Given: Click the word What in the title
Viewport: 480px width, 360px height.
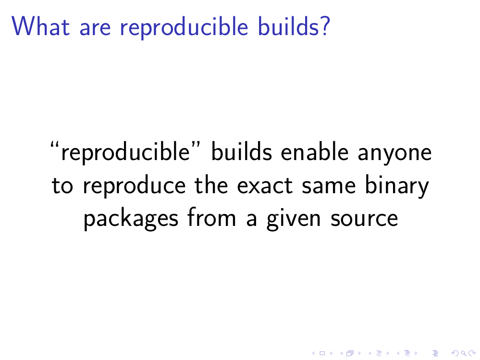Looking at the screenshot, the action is tap(41, 26).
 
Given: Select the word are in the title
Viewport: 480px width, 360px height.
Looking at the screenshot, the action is tap(95, 28).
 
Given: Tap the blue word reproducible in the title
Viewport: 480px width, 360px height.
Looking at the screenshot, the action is tap(184, 28).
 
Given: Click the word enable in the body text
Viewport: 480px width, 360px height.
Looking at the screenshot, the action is tap(315, 152).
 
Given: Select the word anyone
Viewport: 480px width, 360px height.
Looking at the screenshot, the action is tap(394, 154).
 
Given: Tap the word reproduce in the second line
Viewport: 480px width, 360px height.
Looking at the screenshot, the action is tap(135, 186).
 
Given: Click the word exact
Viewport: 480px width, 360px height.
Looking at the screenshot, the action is tap(265, 186).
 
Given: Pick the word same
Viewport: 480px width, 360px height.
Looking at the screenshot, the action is tap(329, 186).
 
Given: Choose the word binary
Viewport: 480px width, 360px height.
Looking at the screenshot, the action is tap(397, 186).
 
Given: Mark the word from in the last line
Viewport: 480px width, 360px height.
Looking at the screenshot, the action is tap(211, 217).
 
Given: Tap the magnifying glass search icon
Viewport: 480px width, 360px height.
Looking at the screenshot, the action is tap(464, 353).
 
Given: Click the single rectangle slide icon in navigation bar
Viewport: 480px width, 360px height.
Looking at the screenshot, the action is tap(322, 353).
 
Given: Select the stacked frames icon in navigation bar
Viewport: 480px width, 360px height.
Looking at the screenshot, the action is tap(350, 353).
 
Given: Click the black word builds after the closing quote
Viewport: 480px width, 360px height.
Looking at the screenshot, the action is tap(242, 152).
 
